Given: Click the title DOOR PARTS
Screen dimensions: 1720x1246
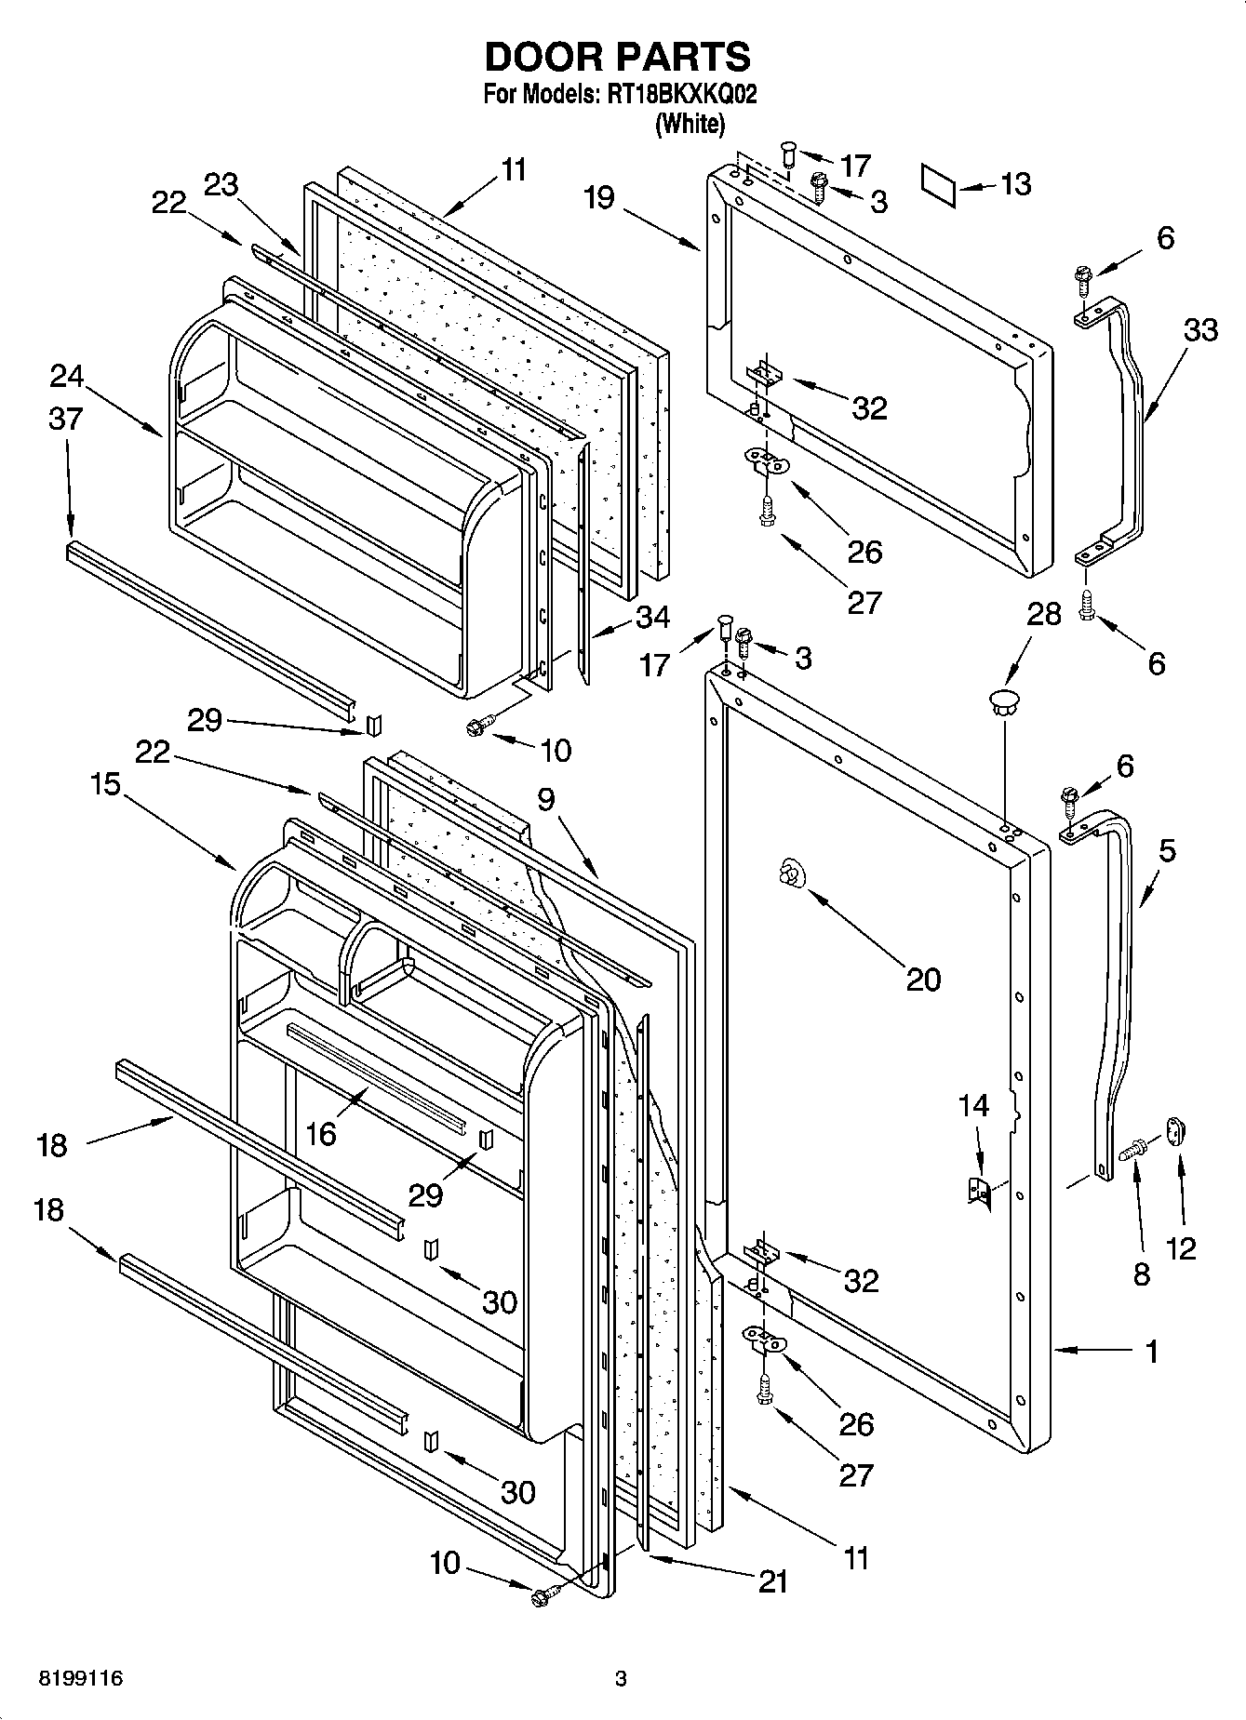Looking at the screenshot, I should click(x=617, y=58).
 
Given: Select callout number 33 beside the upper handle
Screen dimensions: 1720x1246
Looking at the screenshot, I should click(x=1199, y=329).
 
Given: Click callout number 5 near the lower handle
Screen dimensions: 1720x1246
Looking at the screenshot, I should click(x=1167, y=849).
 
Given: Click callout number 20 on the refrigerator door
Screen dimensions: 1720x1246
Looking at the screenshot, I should click(x=923, y=979).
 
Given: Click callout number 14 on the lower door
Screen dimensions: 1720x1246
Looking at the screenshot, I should click(x=973, y=1105).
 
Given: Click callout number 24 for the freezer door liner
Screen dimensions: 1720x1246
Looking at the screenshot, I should click(x=67, y=377).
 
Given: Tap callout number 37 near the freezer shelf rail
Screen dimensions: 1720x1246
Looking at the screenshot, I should click(x=65, y=419).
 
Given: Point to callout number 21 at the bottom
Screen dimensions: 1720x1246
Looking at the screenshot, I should click(x=773, y=1580).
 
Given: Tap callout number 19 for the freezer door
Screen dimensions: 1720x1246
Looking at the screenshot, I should click(x=600, y=198).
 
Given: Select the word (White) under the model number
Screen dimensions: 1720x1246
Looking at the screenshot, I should click(x=690, y=123).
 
